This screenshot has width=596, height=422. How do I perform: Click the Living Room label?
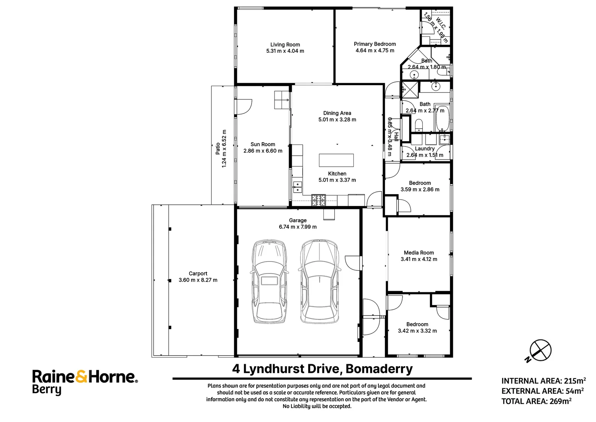(285, 45)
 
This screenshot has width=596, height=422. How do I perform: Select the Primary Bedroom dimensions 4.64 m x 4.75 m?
(374, 50)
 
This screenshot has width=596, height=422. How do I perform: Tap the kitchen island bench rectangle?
(336, 160)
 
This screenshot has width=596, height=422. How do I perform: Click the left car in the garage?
(269, 281)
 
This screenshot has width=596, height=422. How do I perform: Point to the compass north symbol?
(540, 350)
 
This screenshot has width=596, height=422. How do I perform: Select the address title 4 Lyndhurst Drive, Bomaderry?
(322, 369)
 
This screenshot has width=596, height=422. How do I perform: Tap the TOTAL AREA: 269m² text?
(536, 401)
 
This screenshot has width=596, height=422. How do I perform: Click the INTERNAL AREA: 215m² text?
(543, 381)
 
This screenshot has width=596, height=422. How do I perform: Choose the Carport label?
(198, 274)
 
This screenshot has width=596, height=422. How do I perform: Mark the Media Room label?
(419, 253)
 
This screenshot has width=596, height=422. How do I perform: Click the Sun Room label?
(263, 144)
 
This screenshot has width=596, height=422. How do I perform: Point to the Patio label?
(218, 148)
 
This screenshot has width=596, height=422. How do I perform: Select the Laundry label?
(424, 148)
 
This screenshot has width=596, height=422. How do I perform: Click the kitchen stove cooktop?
(318, 200)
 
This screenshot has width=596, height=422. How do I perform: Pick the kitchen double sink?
(297, 187)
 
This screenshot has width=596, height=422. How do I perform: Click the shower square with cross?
(410, 89)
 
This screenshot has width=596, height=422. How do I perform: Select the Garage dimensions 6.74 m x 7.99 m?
(298, 227)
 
